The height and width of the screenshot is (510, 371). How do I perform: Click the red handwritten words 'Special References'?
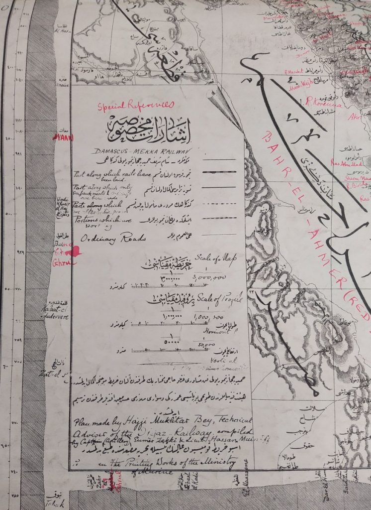(136, 105)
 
